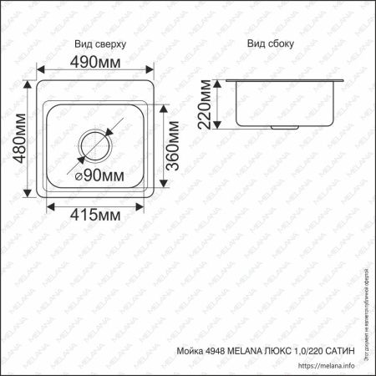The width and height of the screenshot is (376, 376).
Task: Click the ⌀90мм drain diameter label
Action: click(99, 175)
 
